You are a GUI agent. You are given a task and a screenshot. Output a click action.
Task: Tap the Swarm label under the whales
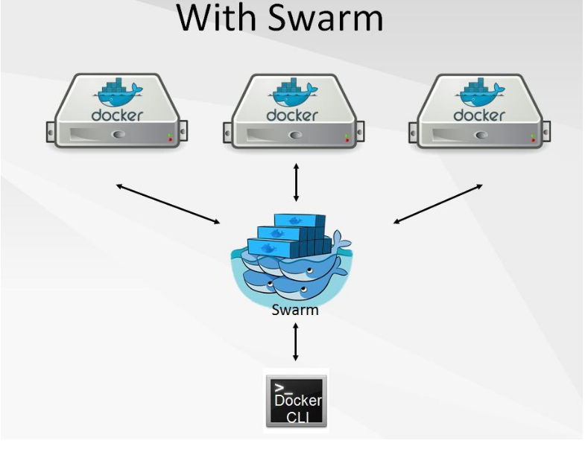point(295,310)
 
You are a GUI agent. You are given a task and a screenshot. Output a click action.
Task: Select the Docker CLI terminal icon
point(296,401)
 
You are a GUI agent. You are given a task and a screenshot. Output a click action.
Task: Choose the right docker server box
point(479,111)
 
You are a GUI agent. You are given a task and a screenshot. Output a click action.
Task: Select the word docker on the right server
point(478,115)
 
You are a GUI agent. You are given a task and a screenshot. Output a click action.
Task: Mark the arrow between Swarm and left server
point(168,203)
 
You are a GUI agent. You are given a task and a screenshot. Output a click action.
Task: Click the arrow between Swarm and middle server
point(296,182)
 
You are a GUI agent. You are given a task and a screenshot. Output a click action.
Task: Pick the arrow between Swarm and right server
point(437,203)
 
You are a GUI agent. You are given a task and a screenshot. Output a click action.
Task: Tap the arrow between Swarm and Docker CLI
point(296,342)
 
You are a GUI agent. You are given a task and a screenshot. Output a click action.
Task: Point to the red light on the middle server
point(347,139)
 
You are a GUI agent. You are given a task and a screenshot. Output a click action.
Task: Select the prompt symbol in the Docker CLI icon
point(282,388)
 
